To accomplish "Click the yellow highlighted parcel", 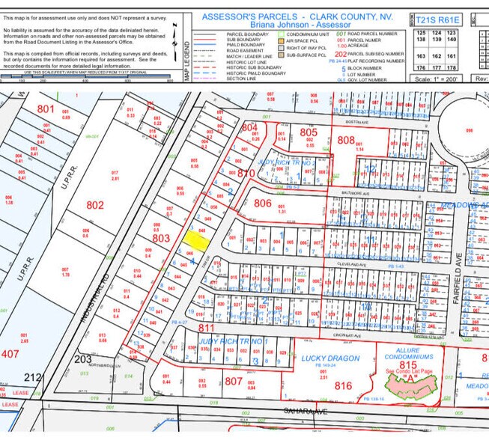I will [196, 239].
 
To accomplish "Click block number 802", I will [95, 204].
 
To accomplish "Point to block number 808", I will [345, 140].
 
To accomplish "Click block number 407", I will [10, 354].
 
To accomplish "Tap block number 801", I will [46, 109].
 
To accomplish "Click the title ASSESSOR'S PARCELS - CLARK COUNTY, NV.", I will [303, 16].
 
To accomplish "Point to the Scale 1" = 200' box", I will [439, 79].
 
